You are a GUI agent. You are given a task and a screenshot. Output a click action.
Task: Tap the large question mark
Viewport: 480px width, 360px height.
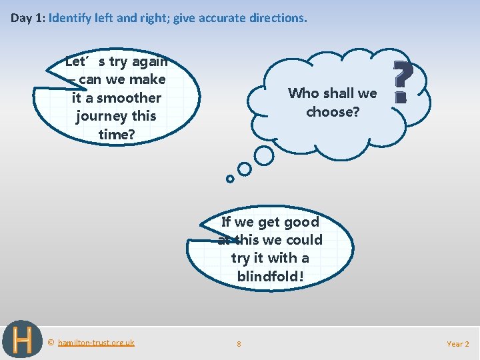tap(401, 81)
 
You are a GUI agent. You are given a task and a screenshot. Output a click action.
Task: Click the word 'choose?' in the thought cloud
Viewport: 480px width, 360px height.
tap(333, 111)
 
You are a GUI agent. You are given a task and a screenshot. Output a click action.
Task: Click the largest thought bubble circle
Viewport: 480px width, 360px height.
tap(265, 155)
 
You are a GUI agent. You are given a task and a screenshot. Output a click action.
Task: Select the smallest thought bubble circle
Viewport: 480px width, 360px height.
tap(230, 179)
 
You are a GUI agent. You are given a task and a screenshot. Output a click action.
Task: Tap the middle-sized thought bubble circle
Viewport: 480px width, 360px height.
tap(245, 169)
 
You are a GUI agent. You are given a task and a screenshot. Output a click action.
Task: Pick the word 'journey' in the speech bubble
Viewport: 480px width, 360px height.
tap(101, 116)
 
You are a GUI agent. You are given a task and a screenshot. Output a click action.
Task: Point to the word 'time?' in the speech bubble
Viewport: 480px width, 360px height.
tap(117, 134)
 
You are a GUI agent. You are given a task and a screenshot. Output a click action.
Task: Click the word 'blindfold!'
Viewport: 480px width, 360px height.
tap(270, 276)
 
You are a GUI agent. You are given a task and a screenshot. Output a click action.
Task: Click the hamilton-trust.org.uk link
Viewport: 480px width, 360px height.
tap(96, 343)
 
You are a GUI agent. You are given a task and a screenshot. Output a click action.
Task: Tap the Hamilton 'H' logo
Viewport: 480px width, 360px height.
tap(22, 339)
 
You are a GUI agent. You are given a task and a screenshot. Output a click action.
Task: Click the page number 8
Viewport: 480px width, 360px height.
tap(239, 344)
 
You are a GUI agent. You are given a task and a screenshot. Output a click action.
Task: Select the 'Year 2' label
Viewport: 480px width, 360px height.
tap(457, 344)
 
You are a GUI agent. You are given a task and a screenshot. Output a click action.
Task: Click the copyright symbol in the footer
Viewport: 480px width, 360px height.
tap(51, 343)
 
